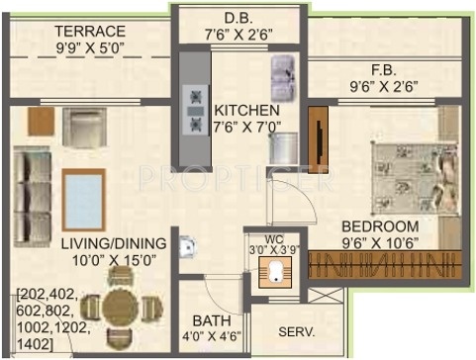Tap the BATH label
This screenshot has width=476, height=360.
(212, 320)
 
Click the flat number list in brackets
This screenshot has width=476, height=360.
(53, 315)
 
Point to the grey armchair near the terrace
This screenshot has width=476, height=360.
(83, 128)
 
